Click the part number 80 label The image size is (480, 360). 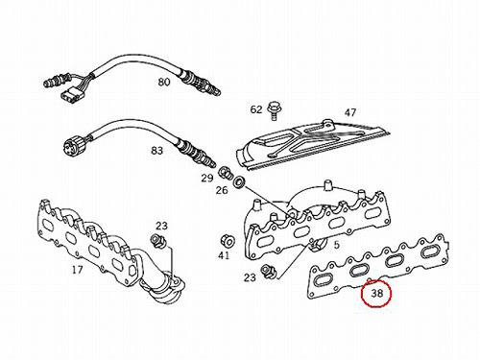click(x=163, y=82)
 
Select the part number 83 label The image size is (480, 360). click(x=156, y=150)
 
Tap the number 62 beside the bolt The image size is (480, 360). click(x=256, y=109)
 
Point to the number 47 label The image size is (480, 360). click(x=350, y=112)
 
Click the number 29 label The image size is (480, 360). click(x=207, y=178)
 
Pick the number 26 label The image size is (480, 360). click(x=222, y=190)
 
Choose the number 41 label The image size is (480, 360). click(x=224, y=255)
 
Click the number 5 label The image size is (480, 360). click(x=337, y=245)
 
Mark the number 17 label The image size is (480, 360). click(x=77, y=270)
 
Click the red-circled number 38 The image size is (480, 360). click(x=376, y=293)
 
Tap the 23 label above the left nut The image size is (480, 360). click(x=161, y=226)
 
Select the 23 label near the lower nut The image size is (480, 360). click(x=250, y=277)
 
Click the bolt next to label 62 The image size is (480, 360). click(x=274, y=110)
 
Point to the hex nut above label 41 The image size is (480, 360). click(x=228, y=241)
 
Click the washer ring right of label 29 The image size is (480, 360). click(x=239, y=181)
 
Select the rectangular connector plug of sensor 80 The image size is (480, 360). click(x=68, y=95)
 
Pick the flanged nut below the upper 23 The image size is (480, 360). click(x=158, y=241)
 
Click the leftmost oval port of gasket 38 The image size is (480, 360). click(x=322, y=281)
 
